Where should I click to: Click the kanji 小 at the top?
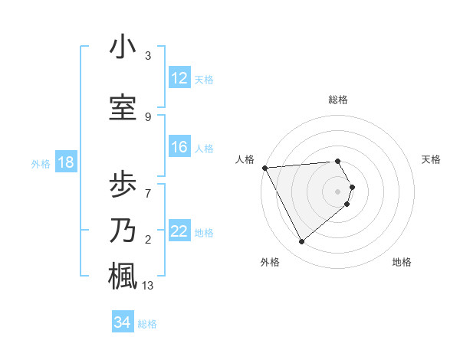pos(123,47)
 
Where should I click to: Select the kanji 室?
pos(123,108)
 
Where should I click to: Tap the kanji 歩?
pos(123,184)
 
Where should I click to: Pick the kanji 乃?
pos(123,230)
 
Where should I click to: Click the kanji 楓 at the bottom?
pos(123,275)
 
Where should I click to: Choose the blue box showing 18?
pos(65,162)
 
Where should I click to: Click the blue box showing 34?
pos(122,322)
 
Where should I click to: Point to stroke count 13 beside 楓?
pos(148,286)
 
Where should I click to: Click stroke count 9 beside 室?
pos(148,116)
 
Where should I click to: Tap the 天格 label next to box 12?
pos(204,79)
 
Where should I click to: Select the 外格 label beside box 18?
pos(41,163)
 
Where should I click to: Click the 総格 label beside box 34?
pos(147,324)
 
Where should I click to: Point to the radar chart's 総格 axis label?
pos(338,100)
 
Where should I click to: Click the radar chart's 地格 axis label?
pos(402,262)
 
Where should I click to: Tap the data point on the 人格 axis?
pos(264,168)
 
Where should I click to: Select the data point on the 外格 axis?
pos(301,242)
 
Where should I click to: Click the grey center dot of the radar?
pos(338,191)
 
